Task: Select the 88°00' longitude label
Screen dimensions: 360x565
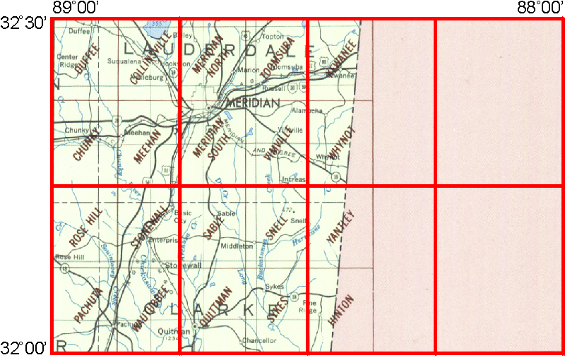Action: tap(537, 8)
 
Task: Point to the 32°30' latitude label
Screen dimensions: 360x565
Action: tap(23, 23)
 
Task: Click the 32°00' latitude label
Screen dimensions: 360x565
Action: tap(23, 348)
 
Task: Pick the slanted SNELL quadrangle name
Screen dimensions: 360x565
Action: tap(275, 225)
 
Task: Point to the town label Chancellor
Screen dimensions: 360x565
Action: tap(258, 340)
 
